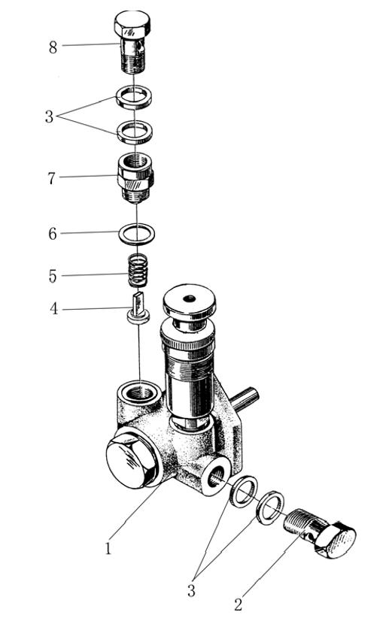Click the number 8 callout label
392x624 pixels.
click(x=53, y=47)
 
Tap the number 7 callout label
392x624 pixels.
click(x=51, y=179)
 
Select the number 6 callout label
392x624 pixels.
click(x=52, y=234)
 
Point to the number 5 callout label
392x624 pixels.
click(x=53, y=277)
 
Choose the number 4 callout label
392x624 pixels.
click(x=53, y=309)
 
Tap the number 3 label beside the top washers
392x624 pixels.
click(x=49, y=117)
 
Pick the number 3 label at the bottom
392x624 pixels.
click(x=191, y=591)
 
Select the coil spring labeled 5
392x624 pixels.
click(x=137, y=271)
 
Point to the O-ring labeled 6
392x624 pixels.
click(x=137, y=233)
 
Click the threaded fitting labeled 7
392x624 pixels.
click(x=136, y=177)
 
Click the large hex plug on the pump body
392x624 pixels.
click(x=132, y=459)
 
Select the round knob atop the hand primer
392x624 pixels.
click(x=188, y=301)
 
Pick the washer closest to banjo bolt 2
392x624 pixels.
click(x=271, y=507)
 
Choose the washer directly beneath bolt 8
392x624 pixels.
click(x=134, y=96)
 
